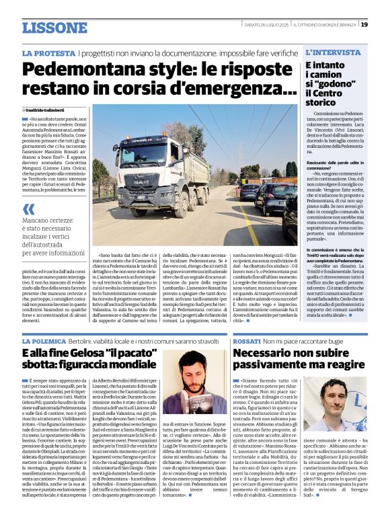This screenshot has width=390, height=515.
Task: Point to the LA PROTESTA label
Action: (48, 52)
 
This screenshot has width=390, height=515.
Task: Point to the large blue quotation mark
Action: (30, 209)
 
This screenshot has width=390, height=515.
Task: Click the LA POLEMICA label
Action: (48, 342)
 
